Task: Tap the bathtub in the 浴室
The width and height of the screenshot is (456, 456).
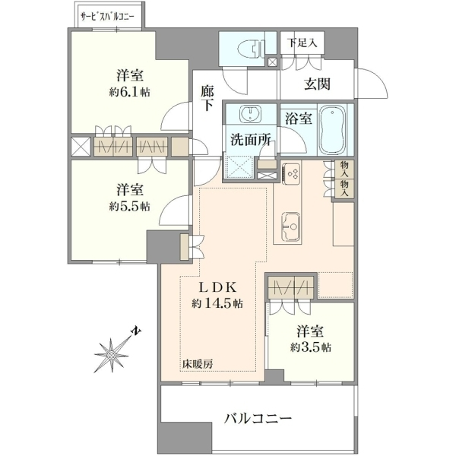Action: click(x=333, y=130)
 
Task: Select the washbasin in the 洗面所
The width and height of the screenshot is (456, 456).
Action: click(x=250, y=114)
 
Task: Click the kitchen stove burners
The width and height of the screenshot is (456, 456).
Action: click(x=291, y=173)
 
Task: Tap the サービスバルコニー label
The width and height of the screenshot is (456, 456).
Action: click(x=107, y=17)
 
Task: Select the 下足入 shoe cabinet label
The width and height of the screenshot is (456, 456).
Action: click(x=302, y=43)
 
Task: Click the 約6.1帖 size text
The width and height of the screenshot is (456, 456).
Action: click(x=130, y=93)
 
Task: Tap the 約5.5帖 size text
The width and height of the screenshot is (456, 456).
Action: click(x=130, y=207)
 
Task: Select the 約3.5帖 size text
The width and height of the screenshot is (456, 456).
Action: click(x=310, y=347)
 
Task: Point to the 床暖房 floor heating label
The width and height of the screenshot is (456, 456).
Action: click(x=198, y=364)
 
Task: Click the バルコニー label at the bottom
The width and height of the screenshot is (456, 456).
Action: click(x=258, y=419)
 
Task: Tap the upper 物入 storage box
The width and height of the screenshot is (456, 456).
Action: click(x=344, y=169)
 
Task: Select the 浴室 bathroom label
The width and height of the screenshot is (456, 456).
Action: click(x=299, y=119)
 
